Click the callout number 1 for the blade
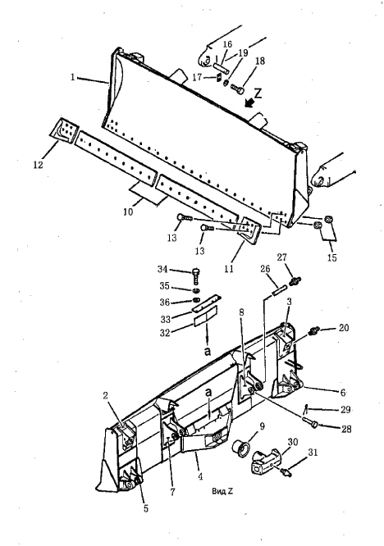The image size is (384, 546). click(x=72, y=76)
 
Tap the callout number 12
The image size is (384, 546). click(x=38, y=164)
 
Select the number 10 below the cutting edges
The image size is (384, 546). click(x=128, y=212)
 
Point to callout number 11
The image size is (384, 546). click(x=229, y=268)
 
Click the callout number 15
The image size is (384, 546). click(x=332, y=257)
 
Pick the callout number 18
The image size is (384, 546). click(x=260, y=61)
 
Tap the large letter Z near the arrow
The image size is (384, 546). click(x=258, y=93)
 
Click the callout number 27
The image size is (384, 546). click(x=282, y=257)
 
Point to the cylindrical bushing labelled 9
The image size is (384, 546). click(x=240, y=446)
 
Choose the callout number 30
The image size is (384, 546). click(x=293, y=442)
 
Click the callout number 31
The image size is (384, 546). click(x=313, y=453)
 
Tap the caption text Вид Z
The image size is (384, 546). click(x=222, y=491)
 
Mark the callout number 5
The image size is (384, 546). click(x=146, y=509)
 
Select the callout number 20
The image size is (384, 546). click(x=344, y=328)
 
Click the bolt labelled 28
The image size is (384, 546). click(x=311, y=422)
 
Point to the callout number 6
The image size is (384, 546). click(x=343, y=393)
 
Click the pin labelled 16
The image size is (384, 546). click(x=221, y=67)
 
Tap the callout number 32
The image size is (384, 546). click(x=165, y=333)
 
